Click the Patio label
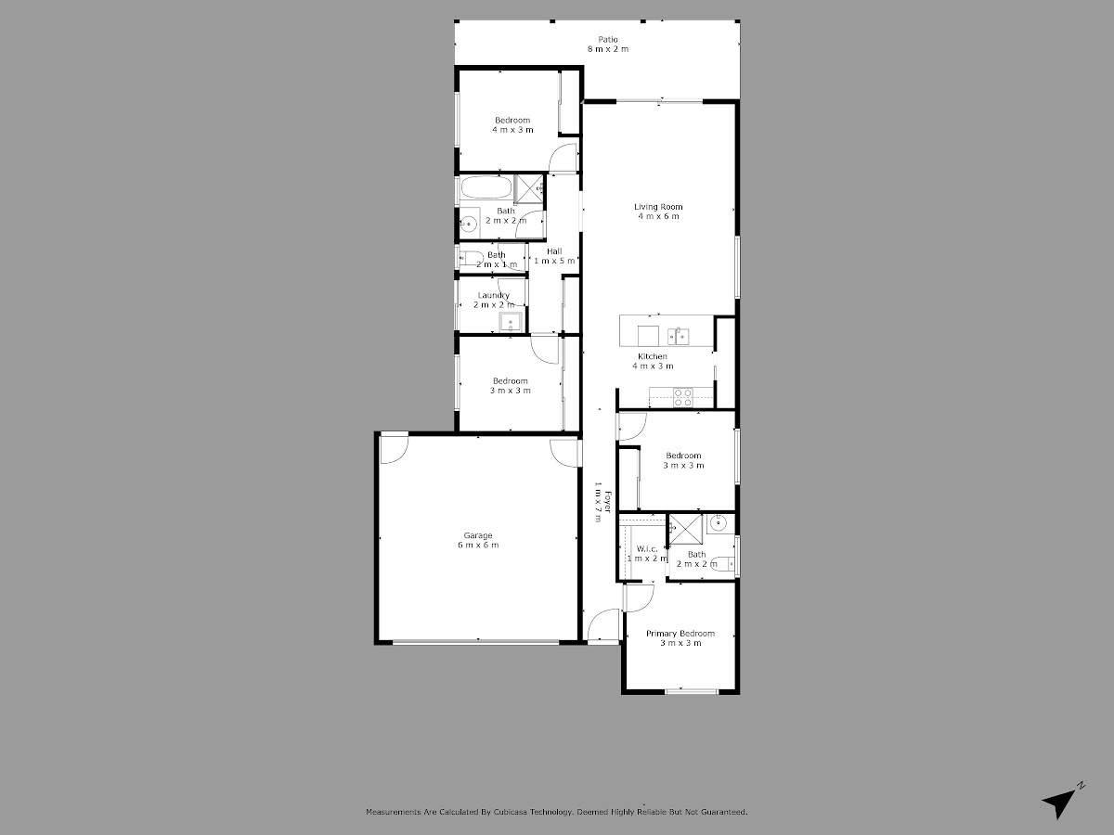(x=608, y=40)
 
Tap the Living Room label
(x=658, y=207)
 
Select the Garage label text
(x=478, y=535)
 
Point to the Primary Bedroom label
(x=680, y=634)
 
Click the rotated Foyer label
(x=607, y=502)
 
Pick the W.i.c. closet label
(x=647, y=549)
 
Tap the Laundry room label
(x=493, y=295)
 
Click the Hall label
(x=554, y=250)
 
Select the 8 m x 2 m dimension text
(x=608, y=49)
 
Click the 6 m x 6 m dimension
(x=478, y=545)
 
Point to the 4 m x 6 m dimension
(x=658, y=216)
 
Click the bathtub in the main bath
(x=486, y=187)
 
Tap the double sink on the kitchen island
(x=678, y=336)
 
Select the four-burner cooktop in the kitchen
(x=682, y=397)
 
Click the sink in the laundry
(x=510, y=323)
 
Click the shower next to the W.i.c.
(x=686, y=530)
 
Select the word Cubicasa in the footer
(x=511, y=812)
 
